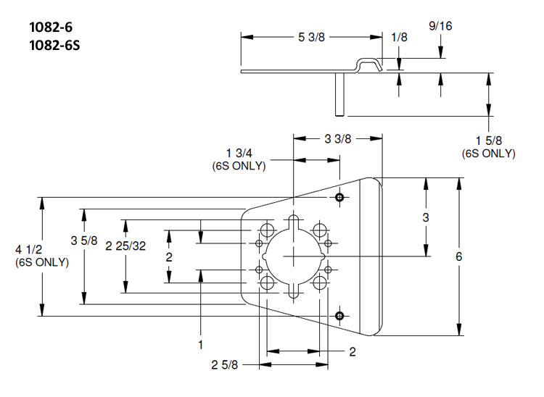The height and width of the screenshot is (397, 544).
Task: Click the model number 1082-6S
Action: tap(54, 46)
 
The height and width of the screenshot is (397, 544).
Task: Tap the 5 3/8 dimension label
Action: tap(311, 37)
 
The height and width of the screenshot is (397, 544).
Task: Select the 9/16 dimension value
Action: tap(440, 26)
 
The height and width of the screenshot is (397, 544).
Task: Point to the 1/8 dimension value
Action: tap(399, 37)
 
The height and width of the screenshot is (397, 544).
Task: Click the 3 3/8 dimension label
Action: tap(337, 139)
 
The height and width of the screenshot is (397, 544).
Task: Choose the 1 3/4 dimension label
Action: tap(239, 153)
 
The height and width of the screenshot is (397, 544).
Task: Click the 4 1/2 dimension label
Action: tap(28, 249)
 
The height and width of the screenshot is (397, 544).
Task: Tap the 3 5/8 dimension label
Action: tap(84, 241)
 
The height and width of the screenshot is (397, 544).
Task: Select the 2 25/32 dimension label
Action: tap(125, 246)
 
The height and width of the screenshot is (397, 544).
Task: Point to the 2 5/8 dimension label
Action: tap(224, 364)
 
